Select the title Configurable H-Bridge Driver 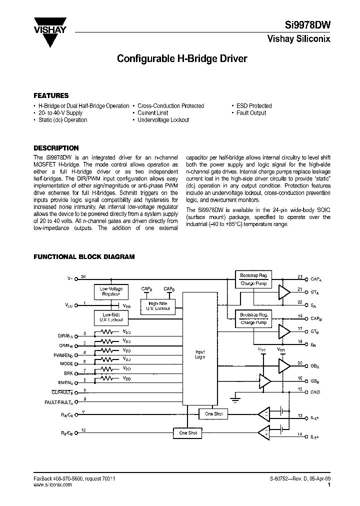181,58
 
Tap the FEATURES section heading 51,95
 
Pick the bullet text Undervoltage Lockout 163,120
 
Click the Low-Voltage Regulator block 110,291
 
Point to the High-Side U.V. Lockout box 158,306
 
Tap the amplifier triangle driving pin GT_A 284,292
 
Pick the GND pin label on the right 315,392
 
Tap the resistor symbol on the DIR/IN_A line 106,332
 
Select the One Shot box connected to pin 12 188,433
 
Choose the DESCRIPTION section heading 56,148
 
